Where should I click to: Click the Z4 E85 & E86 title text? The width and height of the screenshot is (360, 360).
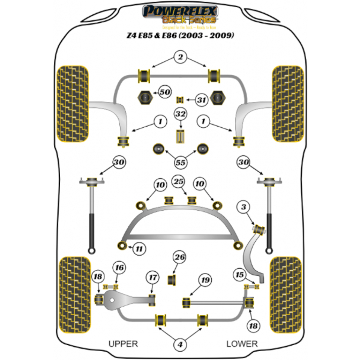tap(179, 35)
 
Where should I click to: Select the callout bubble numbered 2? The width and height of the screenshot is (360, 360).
tap(179, 58)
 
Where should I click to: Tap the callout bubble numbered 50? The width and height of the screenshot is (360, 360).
tap(164, 92)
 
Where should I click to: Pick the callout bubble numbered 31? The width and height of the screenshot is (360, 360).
tap(201, 100)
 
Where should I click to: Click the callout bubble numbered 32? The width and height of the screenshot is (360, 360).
tap(181, 114)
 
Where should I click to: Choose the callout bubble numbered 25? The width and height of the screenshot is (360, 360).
tap(179, 182)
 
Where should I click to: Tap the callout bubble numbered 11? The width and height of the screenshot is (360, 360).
tap(139, 248)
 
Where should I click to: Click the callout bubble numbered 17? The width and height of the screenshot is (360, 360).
tap(153, 277)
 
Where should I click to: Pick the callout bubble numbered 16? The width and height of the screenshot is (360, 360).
tap(119, 268)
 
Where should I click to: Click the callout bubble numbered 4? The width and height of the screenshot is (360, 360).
tap(179, 344)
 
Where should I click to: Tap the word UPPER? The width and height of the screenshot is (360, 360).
tap(123, 344)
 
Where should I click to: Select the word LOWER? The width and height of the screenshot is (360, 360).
tap(242, 344)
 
